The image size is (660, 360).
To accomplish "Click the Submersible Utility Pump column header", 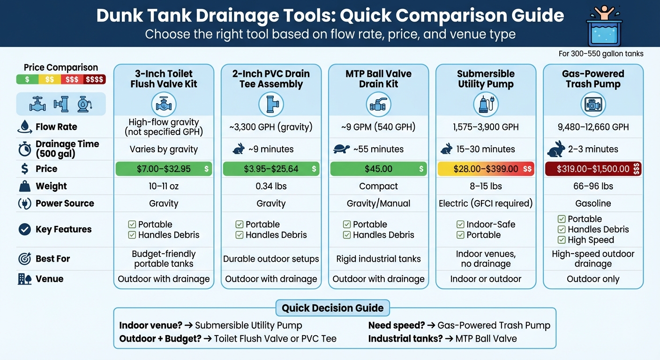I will click(486, 79).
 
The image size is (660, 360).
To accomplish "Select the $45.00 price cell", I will click(378, 169).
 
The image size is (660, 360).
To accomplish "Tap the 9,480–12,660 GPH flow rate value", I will click(593, 127).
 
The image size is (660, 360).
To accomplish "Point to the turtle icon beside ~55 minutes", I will click(341, 149).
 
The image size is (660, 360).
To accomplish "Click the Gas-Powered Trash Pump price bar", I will click(593, 169).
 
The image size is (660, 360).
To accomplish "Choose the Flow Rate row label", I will click(56, 127).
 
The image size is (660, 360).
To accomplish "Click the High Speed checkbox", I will click(561, 240).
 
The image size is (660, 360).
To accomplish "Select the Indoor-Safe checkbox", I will click(460, 225).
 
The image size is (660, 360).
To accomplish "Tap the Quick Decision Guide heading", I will click(332, 308).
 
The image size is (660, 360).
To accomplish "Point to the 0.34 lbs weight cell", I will click(271, 186).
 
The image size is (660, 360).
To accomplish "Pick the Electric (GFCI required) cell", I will click(486, 203).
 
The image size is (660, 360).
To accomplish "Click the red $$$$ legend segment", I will click(94, 80).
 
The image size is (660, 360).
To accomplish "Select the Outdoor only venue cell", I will click(593, 279).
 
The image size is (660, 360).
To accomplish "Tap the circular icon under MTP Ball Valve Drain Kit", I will click(378, 105).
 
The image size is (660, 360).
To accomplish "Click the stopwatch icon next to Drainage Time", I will click(24, 149).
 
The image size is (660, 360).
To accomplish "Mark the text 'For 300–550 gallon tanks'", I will click(600, 54).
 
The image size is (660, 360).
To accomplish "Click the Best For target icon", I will click(24, 259).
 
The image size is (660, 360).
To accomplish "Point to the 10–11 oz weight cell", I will click(164, 186).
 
